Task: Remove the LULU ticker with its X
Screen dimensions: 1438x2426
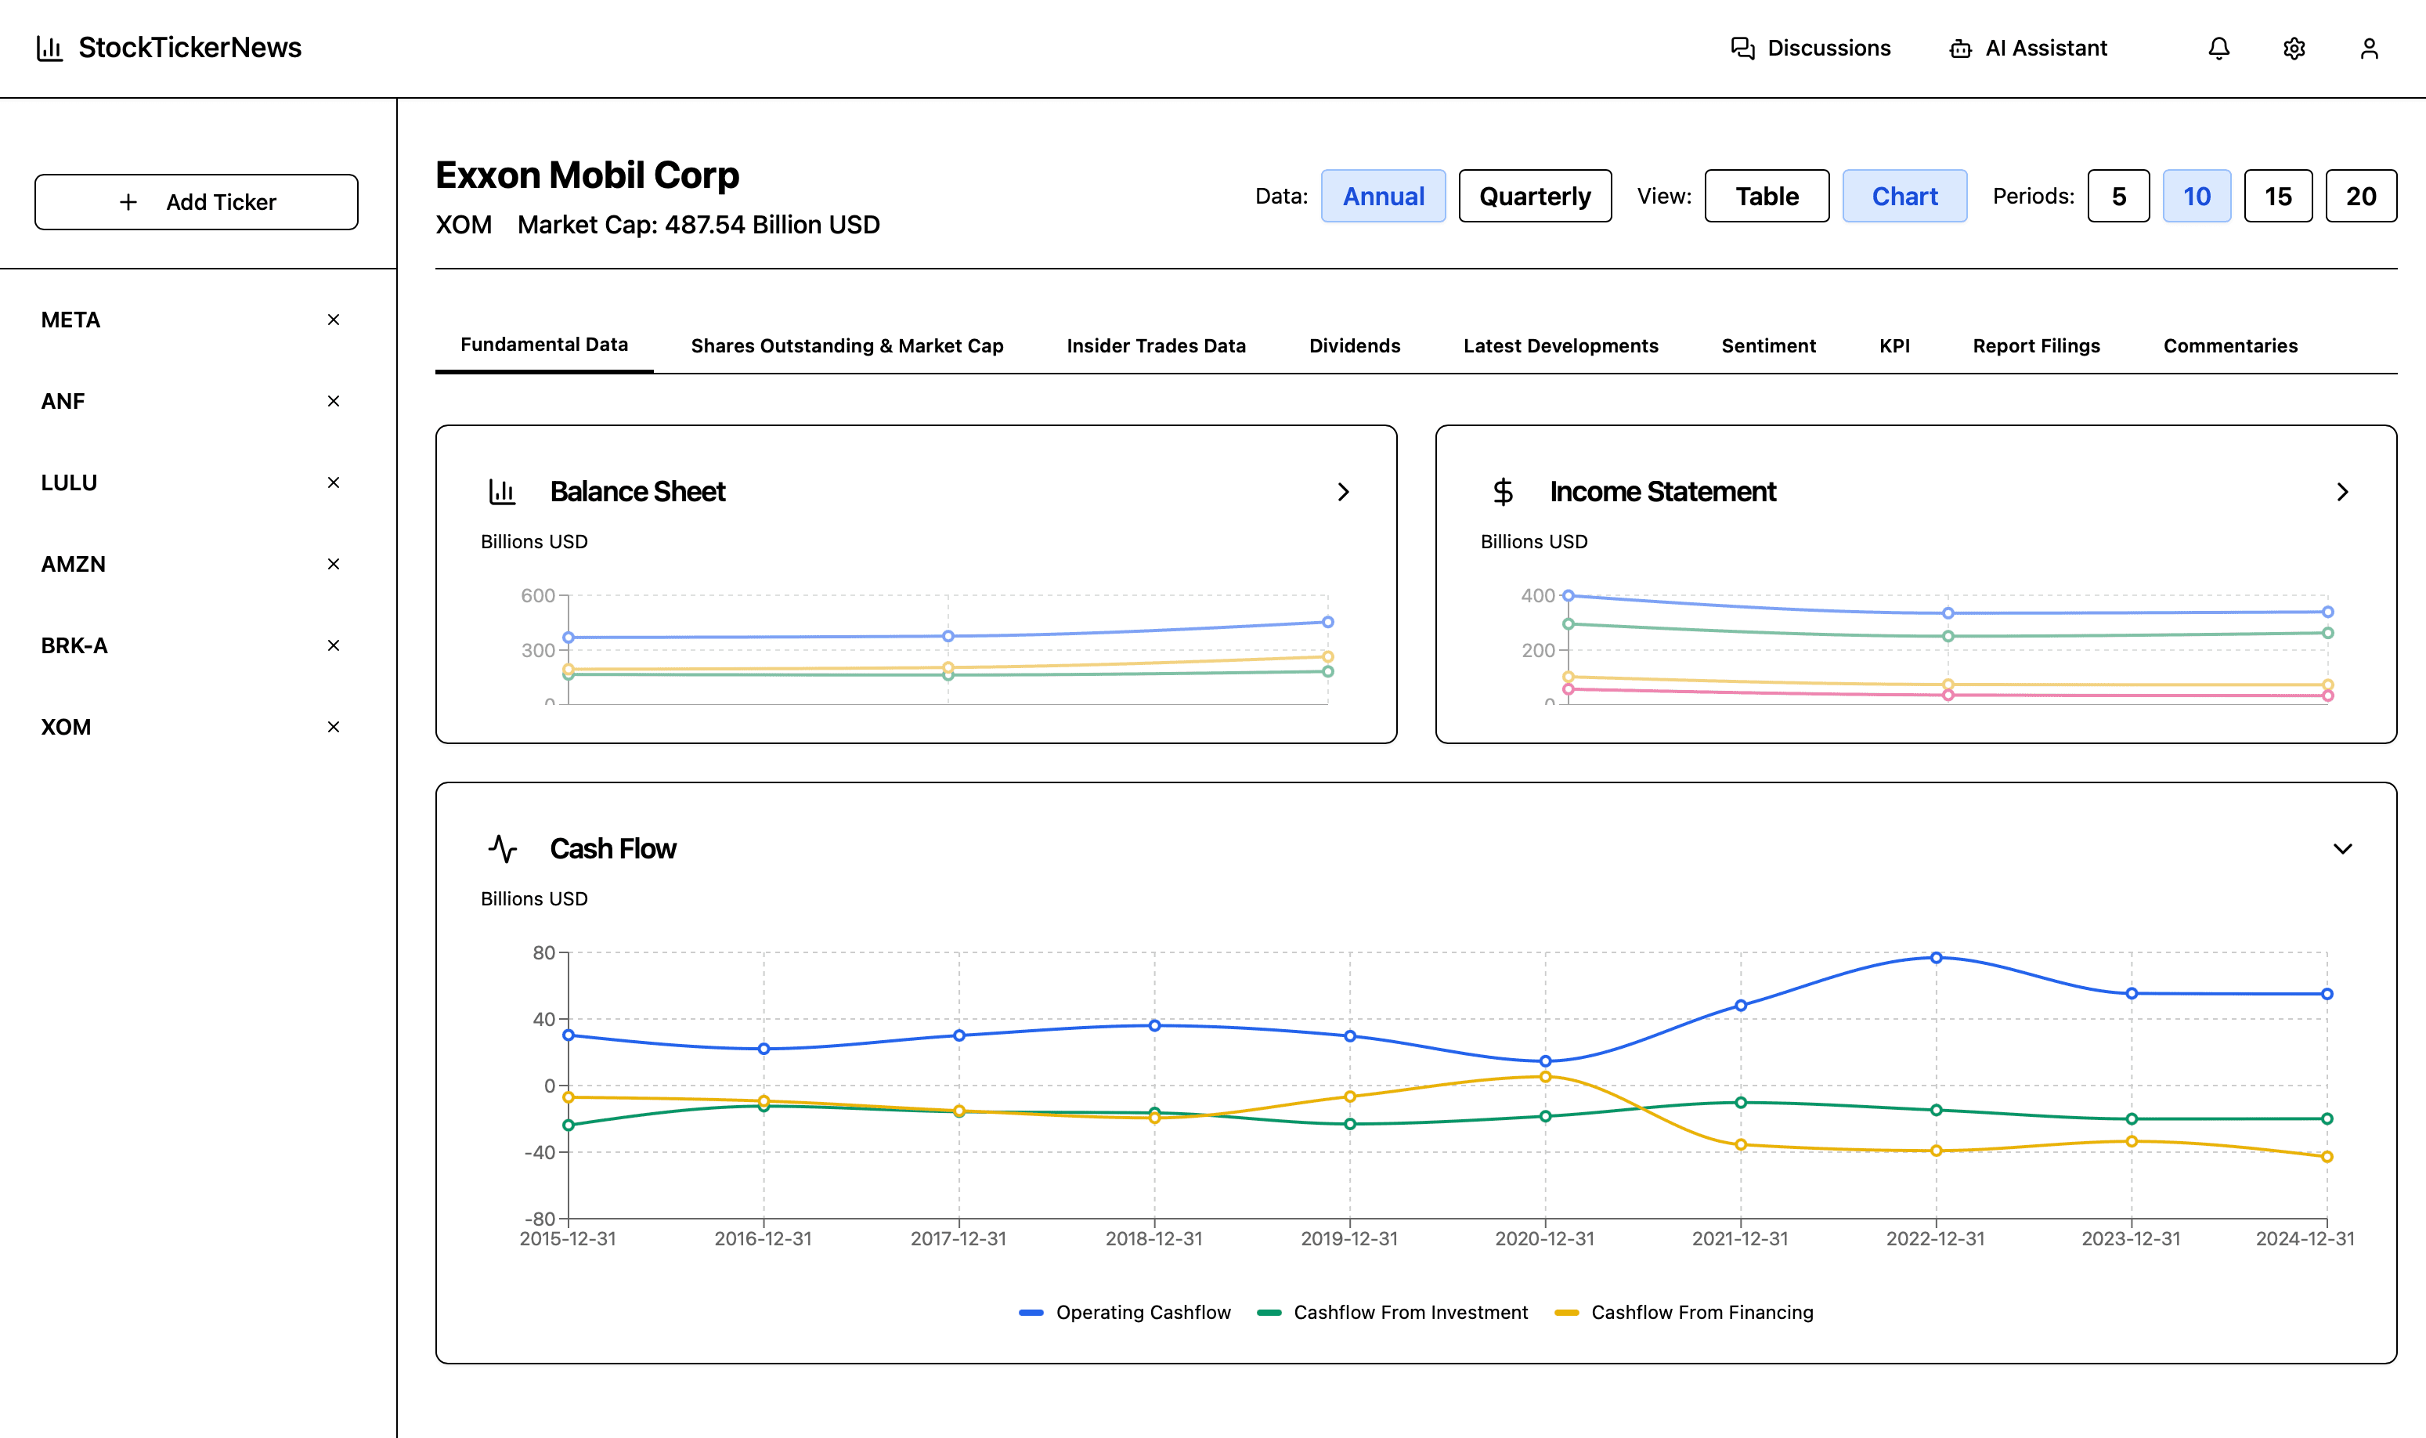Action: tap(334, 482)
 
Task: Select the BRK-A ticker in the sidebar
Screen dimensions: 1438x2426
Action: tap(74, 645)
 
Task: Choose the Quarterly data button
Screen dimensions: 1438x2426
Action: tap(1535, 197)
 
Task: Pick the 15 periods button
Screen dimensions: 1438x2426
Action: tap(2278, 197)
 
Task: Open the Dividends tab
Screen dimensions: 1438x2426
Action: tap(1355, 346)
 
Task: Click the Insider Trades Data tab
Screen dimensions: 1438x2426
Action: tap(1156, 346)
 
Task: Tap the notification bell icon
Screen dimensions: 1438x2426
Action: tap(2218, 49)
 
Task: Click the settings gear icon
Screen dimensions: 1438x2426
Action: tap(2294, 49)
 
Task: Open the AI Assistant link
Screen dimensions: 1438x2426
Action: tap(2028, 49)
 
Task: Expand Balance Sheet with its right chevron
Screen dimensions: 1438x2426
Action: tap(1343, 492)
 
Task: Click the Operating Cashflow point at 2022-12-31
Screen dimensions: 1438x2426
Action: tap(1936, 957)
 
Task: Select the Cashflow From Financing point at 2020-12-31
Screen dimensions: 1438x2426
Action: tap(1545, 1077)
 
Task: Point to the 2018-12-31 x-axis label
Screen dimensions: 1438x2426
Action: tap(1154, 1238)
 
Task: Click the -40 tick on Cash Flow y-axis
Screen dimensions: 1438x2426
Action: tap(540, 1152)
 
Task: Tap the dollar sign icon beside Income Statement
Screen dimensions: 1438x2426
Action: tap(1503, 492)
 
